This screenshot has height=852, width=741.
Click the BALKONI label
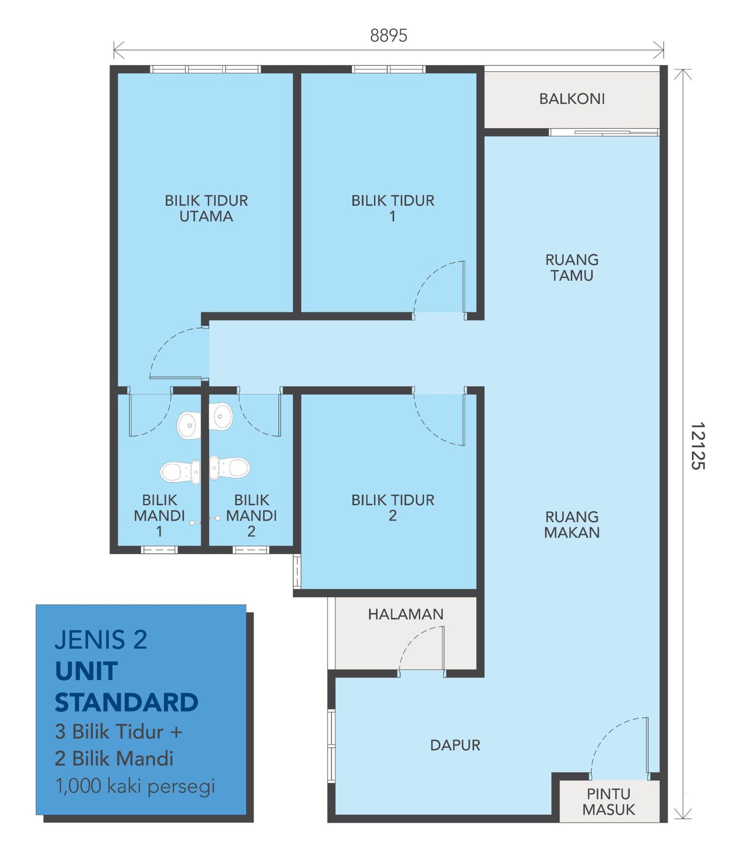571,99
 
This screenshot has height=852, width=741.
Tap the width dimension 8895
389,36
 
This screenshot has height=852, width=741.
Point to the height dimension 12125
697,446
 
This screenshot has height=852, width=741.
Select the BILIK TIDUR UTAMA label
206,208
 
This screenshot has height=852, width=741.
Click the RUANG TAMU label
572,268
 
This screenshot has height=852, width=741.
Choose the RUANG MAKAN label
572,525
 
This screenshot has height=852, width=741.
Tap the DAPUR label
455,745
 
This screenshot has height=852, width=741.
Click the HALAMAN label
406,614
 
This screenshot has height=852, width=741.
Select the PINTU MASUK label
609,802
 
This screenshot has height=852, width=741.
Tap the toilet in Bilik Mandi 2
230,467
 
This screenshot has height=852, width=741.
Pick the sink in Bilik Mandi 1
189,425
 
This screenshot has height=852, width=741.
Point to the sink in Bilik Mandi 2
221,416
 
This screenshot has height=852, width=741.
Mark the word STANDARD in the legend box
126,702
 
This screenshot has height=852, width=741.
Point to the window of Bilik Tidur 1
389,69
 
